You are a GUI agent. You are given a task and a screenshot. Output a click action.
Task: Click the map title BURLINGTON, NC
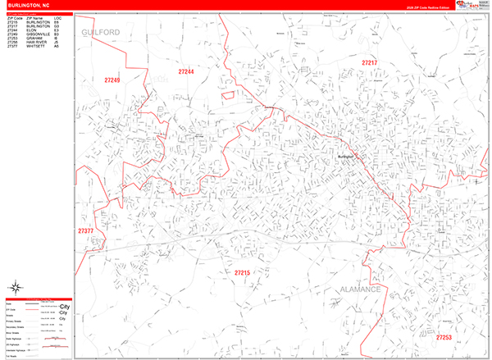(23, 4)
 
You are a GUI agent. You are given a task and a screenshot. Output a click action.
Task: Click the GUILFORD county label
(101, 32)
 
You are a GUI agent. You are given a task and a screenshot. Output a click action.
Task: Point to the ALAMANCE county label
(362, 290)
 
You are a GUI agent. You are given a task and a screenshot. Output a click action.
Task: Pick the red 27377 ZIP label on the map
(86, 231)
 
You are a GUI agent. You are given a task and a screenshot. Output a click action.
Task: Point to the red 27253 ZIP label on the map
(444, 337)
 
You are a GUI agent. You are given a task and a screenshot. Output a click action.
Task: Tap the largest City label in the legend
(66, 305)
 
